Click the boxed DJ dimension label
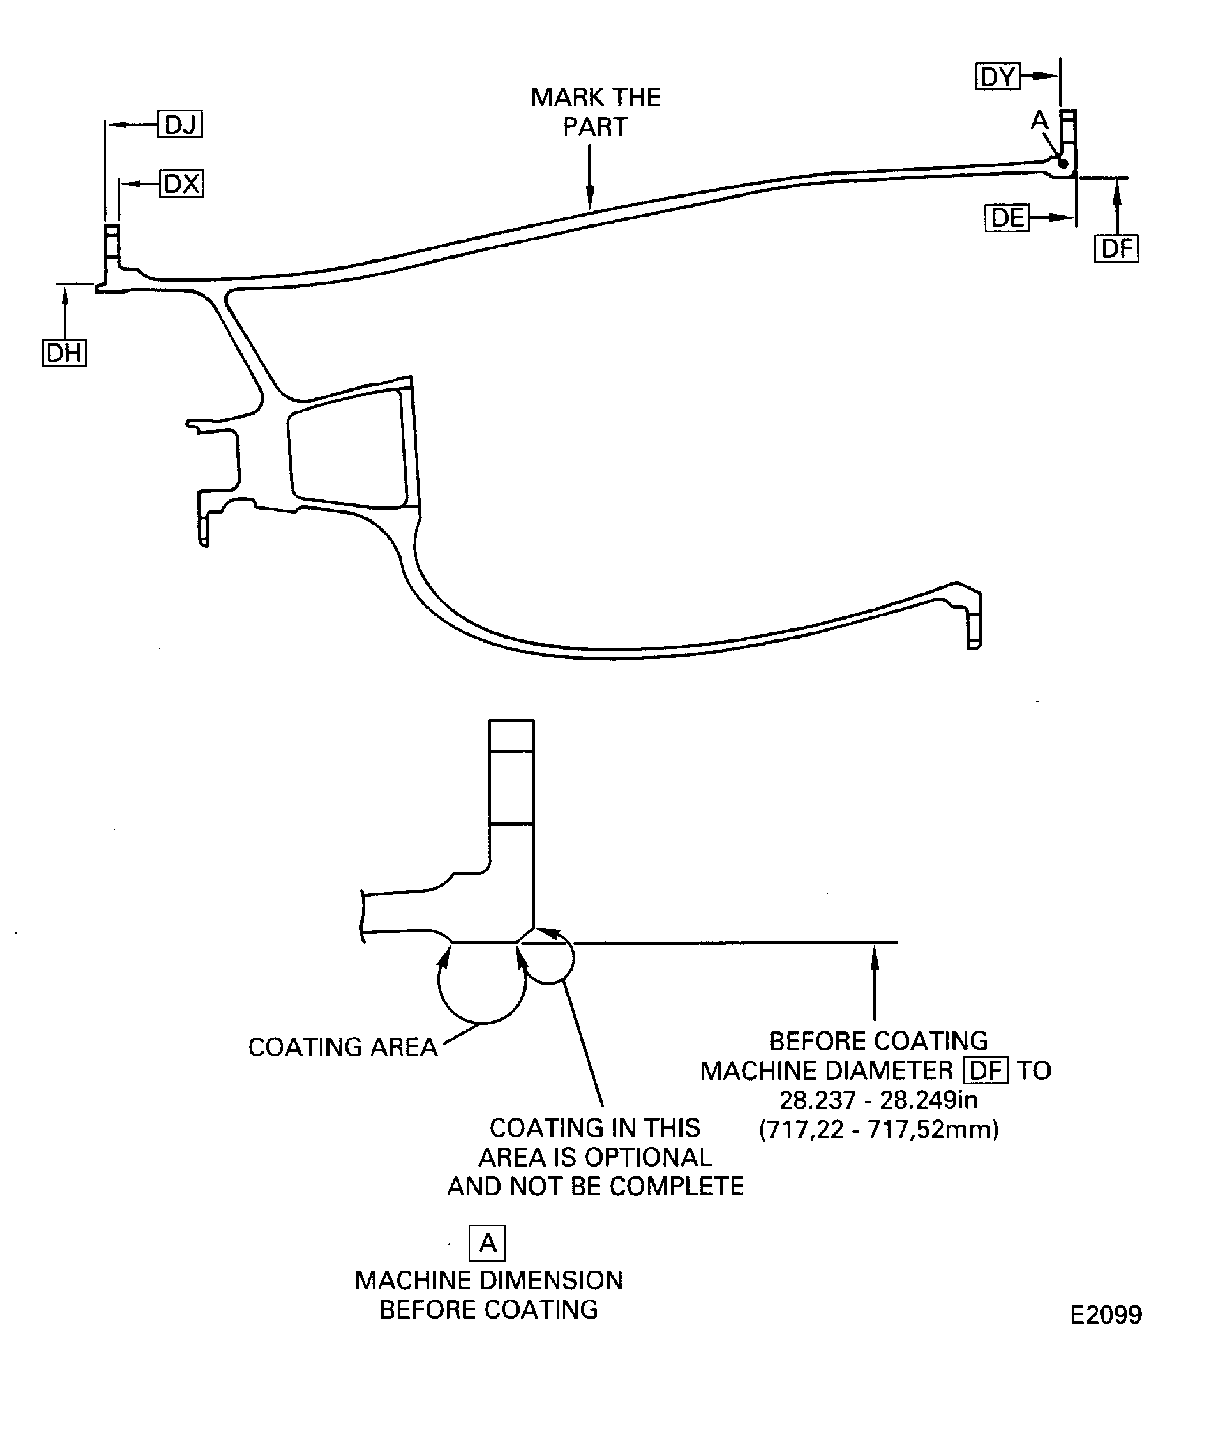pos(180,124)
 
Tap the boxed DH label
pos(64,353)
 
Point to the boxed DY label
pos(997,76)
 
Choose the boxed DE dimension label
pos(1007,218)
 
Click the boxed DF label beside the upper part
pos(1116,248)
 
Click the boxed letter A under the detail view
pos(487,1243)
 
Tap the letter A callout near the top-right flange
pos(1039,121)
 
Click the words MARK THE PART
pos(595,112)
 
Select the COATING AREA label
pos(342,1047)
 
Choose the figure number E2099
pos(1106,1314)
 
